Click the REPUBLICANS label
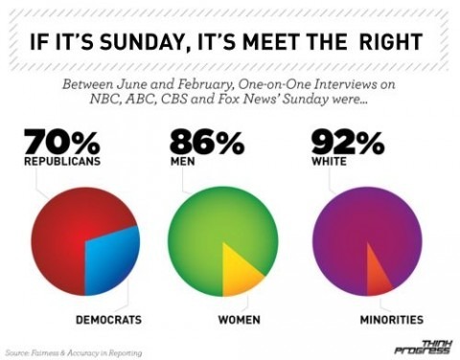(x=62, y=163)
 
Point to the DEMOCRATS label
(x=108, y=318)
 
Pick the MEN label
(x=182, y=163)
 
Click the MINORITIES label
(x=391, y=318)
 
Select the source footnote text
(x=74, y=352)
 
